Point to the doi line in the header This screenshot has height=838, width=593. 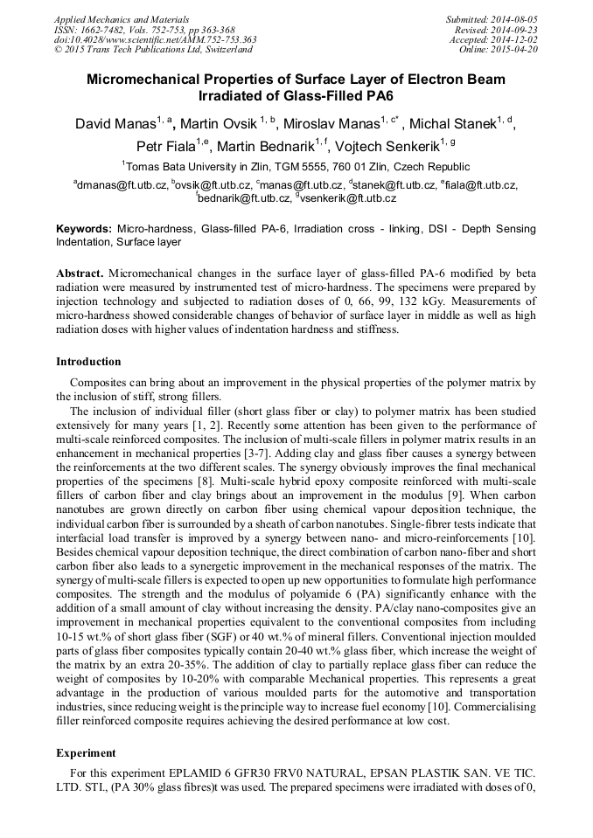point(155,39)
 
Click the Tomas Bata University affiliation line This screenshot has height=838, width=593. point(296,166)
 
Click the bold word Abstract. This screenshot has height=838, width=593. point(80,274)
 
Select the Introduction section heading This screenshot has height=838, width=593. point(88,362)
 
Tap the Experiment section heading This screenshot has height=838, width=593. point(86,752)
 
